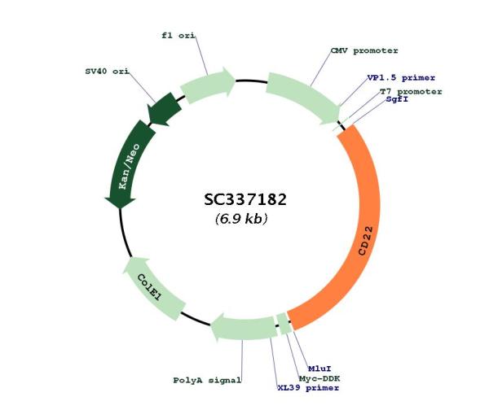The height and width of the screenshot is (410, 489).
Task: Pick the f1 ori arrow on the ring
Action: tap(208, 84)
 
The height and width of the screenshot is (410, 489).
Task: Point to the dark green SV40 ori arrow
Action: tap(164, 110)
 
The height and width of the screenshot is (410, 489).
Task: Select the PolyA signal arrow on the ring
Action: tap(243, 328)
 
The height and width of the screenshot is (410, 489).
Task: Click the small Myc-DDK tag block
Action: tap(284, 324)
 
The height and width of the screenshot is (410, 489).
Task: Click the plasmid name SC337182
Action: tap(245, 199)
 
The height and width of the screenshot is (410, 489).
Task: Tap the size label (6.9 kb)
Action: tap(241, 219)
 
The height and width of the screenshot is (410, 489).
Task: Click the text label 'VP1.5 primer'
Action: tap(401, 77)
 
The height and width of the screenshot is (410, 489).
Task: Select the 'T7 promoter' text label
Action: tap(411, 92)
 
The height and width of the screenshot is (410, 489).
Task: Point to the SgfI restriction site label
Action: tap(397, 99)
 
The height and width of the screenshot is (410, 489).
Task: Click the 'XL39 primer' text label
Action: tap(308, 388)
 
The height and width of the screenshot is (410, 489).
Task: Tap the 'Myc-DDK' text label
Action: tap(319, 378)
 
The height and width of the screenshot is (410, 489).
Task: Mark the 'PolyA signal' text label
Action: tap(207, 380)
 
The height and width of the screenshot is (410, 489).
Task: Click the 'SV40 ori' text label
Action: tap(107, 72)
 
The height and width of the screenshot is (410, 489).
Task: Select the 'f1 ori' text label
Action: tap(178, 36)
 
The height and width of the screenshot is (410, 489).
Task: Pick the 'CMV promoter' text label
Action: tap(364, 50)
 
